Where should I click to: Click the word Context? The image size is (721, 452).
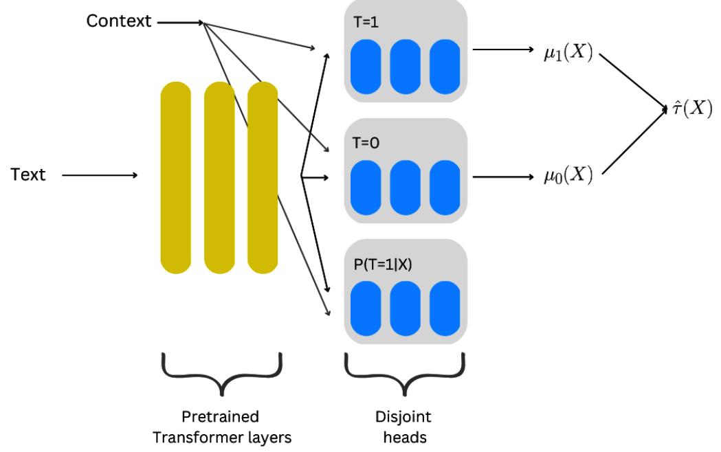[118, 21]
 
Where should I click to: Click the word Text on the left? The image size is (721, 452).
[29, 175]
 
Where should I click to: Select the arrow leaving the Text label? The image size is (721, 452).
[99, 175]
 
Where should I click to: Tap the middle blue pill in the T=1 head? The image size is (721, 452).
[405, 67]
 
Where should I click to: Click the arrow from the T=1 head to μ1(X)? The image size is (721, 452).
[503, 50]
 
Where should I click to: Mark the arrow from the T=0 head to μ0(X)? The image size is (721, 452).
[503, 177]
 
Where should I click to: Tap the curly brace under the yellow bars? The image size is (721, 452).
[221, 374]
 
